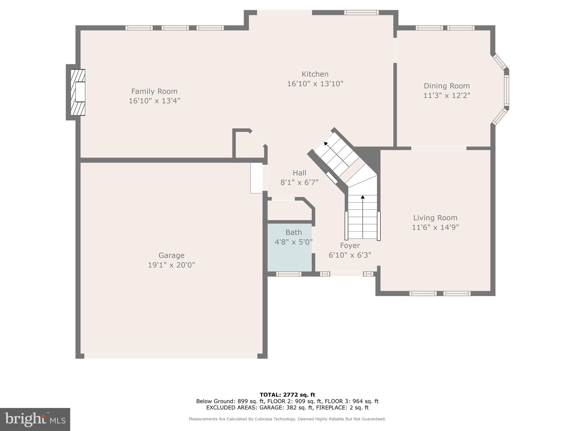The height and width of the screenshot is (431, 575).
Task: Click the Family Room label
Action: click(x=154, y=91)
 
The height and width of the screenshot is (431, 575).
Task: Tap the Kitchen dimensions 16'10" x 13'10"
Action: click(x=315, y=84)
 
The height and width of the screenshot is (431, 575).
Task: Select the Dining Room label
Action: click(x=446, y=86)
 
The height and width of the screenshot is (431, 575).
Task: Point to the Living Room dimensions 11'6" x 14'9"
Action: click(x=435, y=227)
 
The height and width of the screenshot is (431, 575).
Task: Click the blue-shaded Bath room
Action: click(x=289, y=253)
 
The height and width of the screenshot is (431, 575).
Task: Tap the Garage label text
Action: click(x=171, y=255)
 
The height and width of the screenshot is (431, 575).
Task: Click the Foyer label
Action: click(x=350, y=246)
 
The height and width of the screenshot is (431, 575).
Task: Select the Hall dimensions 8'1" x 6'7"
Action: click(x=299, y=182)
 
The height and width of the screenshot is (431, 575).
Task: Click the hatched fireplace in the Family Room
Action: click(x=78, y=92)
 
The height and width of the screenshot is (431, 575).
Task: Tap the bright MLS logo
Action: click(x=35, y=419)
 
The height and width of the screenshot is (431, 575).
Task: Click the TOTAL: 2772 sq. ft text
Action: click(x=287, y=395)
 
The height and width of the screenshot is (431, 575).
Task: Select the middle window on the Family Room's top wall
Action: click(x=175, y=28)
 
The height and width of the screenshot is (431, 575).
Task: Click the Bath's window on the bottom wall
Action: click(x=288, y=274)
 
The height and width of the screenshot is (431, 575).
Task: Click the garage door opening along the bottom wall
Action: click(x=171, y=356)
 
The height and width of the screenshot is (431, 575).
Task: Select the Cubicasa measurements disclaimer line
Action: click(x=287, y=419)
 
